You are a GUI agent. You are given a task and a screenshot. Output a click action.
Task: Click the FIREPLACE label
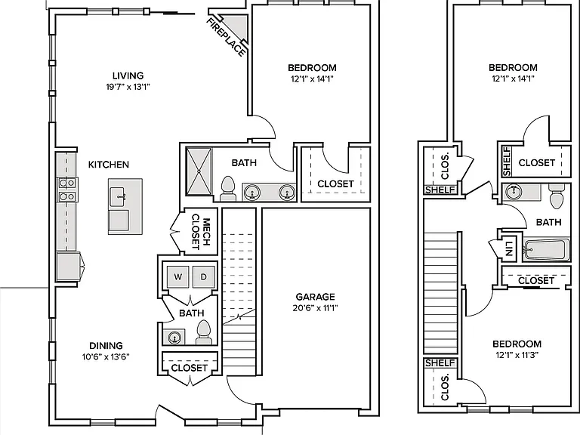point(226,37)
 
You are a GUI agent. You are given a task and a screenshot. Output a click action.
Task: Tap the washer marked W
point(178,276)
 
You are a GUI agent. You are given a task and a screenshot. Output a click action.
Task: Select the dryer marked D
point(203,276)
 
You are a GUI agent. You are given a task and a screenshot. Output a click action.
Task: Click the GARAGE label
point(315,297)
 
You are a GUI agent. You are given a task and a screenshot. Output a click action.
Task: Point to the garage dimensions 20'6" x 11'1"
point(315,308)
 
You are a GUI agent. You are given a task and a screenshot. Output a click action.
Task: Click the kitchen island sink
point(119,196)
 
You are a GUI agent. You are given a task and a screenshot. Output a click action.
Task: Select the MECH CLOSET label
point(201,232)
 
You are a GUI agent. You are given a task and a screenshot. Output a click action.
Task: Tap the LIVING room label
point(128,76)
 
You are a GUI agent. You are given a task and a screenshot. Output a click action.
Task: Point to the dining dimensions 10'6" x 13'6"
point(106,357)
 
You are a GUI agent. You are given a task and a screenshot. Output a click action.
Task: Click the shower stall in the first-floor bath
point(199,171)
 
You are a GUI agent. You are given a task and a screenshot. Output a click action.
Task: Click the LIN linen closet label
point(509,248)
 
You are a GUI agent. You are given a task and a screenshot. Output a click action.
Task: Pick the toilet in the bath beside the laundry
point(203,332)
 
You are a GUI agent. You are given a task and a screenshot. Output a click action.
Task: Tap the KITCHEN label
point(109,165)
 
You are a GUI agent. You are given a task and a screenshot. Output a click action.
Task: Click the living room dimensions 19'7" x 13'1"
point(128,87)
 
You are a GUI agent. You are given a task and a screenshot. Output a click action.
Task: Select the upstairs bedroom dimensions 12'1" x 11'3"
point(517,355)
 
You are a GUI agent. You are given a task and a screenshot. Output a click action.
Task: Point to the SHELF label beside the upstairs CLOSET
point(507,162)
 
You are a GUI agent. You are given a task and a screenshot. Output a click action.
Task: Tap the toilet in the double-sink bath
point(228,189)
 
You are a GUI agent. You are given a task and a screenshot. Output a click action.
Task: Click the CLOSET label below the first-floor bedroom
point(335,184)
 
